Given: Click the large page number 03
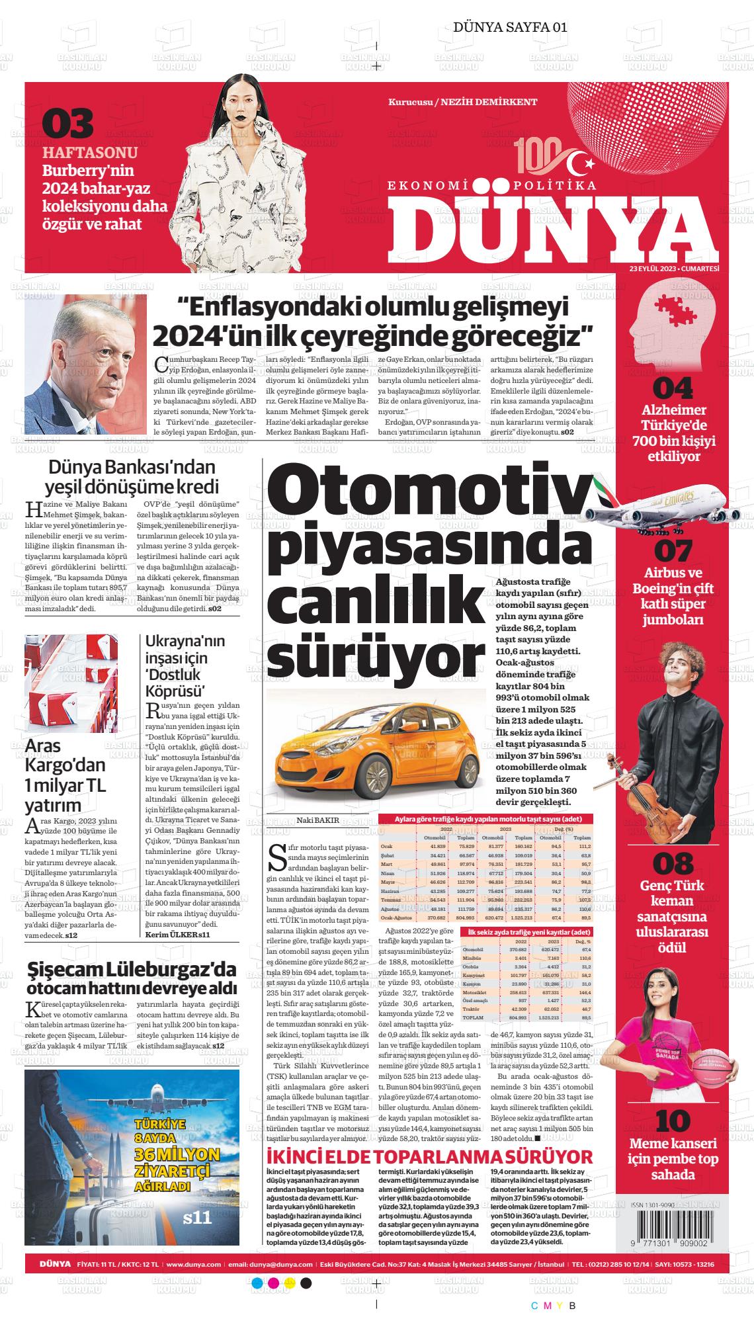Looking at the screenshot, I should point(68,124).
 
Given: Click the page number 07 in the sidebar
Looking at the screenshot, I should point(674,551).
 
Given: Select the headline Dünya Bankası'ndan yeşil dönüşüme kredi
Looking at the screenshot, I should point(132,477).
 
